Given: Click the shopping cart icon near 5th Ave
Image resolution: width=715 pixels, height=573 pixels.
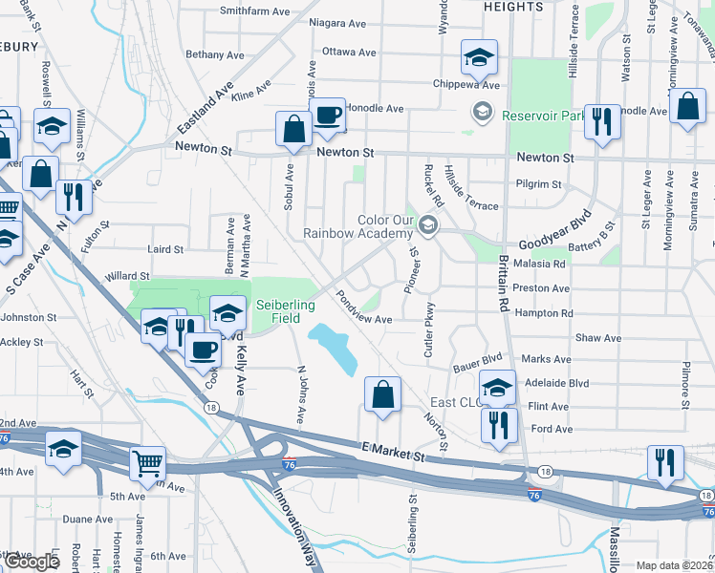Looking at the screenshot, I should pyautogui.click(x=147, y=464).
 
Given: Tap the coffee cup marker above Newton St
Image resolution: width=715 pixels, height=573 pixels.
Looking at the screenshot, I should pyautogui.click(x=328, y=116).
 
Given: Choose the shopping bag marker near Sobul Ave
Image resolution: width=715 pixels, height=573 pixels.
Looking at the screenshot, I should pyautogui.click(x=293, y=129).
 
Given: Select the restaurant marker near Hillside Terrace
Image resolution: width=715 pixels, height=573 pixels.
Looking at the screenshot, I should pyautogui.click(x=602, y=122).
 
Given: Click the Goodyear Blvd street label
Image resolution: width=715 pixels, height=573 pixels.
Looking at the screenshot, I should pyautogui.click(x=551, y=244).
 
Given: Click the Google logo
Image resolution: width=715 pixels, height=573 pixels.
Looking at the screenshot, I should pyautogui.click(x=31, y=562).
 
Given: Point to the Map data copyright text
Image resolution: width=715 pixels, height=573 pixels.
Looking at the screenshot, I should pyautogui.click(x=675, y=565).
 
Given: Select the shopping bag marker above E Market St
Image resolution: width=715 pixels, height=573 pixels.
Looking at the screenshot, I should pyautogui.click(x=382, y=394).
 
